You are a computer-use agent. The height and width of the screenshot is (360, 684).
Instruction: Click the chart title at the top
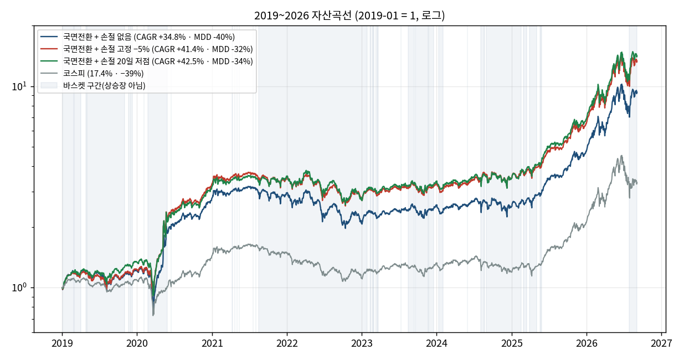coord(349,16)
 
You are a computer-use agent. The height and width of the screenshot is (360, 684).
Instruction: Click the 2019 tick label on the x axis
coord(62,343)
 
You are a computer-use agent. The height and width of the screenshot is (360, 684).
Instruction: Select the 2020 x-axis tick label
coord(137,343)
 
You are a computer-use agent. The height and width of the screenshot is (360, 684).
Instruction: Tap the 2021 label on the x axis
coord(212,343)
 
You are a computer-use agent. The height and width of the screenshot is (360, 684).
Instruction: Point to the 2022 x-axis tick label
coord(287,343)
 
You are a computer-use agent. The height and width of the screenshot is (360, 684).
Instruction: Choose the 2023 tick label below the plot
coord(362,343)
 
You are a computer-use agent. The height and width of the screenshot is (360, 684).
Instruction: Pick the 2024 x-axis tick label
coord(436,343)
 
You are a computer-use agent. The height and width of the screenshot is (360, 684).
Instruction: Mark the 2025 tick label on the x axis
coord(512,343)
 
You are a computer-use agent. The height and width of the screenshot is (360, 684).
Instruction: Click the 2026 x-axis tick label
coord(587,343)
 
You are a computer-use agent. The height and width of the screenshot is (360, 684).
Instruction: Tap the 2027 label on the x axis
coord(661,343)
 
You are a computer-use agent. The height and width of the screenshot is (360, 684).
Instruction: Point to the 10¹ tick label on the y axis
coord(19,86)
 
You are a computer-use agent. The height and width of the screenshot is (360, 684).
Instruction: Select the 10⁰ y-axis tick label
coord(19,287)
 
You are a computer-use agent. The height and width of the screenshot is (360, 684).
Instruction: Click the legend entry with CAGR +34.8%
coord(138,37)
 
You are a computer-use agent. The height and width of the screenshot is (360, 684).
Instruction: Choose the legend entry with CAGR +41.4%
coord(147,49)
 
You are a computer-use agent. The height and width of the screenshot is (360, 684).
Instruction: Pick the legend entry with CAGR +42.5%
coord(147,61)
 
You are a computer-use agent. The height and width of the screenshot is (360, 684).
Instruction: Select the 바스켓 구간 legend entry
coord(93,85)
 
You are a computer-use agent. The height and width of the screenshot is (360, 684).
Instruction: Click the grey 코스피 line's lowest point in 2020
coord(153,315)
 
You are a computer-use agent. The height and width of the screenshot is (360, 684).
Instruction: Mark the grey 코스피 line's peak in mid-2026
coord(621,156)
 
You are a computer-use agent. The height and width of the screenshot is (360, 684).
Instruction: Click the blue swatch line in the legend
coord(49,37)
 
